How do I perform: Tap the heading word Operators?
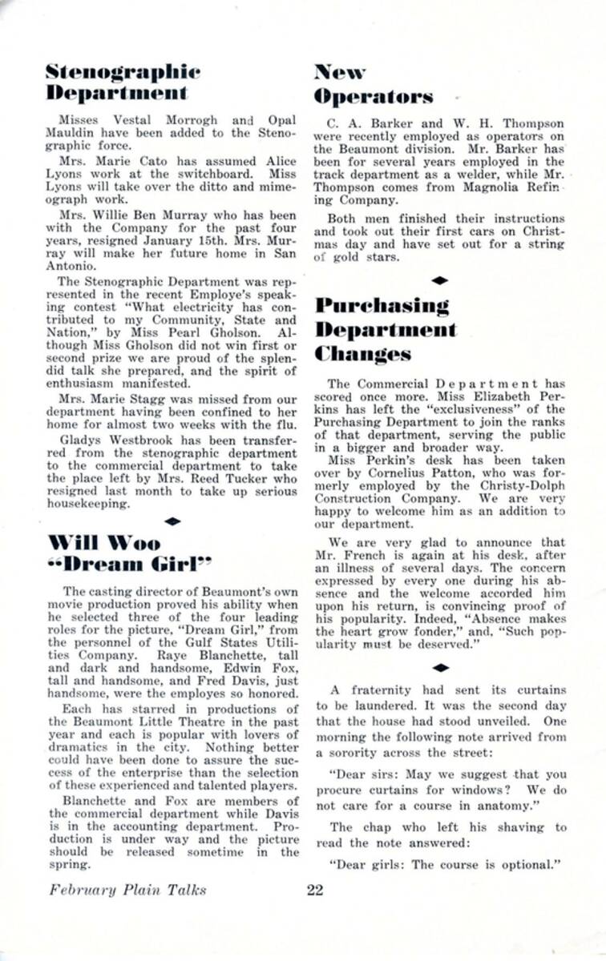pos(374,97)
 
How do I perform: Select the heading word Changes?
pos(363,353)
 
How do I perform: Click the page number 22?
pos(315,890)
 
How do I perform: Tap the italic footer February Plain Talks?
pos(127,890)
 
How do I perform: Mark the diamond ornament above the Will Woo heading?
pos(171,521)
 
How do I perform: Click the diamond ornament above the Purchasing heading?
pos(439,280)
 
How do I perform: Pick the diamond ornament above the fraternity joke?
pos(439,666)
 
